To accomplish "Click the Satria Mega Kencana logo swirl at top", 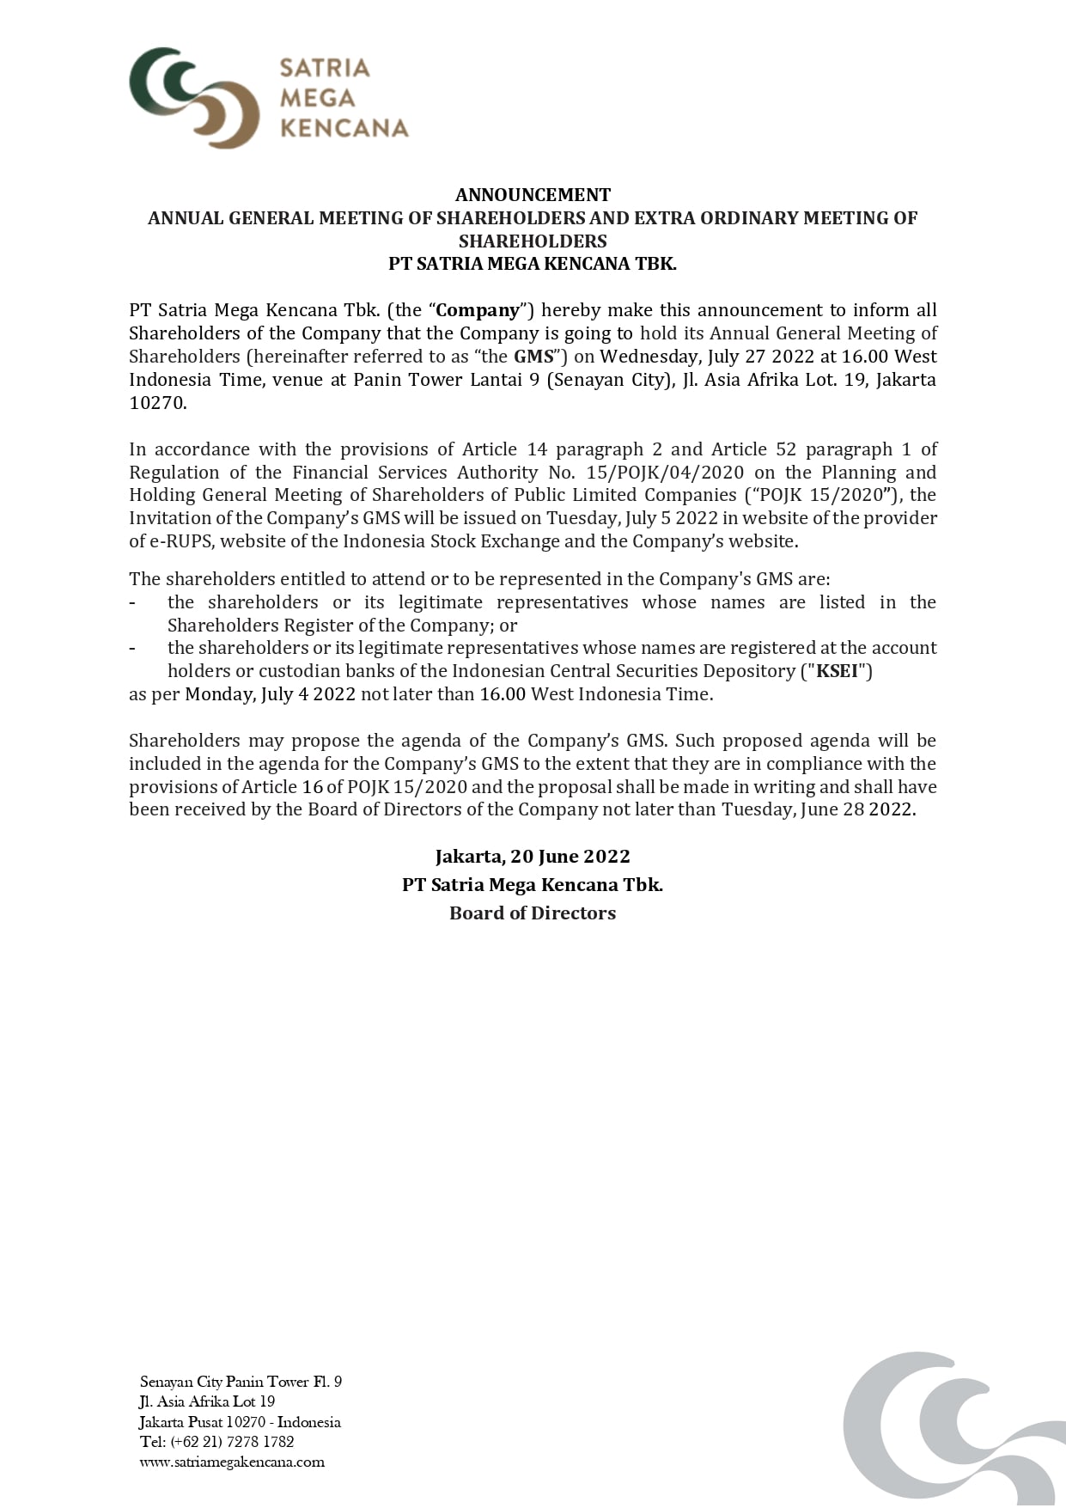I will click(x=194, y=96).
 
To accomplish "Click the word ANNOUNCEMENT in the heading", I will click(x=533, y=195).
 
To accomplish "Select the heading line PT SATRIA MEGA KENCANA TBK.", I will click(x=533, y=264).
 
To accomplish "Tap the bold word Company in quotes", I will click(x=478, y=310).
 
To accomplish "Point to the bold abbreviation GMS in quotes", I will click(x=533, y=357).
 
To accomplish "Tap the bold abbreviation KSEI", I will click(x=838, y=671).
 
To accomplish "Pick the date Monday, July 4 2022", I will click(x=270, y=694).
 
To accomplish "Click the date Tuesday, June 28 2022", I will click(x=816, y=809).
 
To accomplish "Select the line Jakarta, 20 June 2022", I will click(x=533, y=857).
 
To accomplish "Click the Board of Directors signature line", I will click(x=533, y=913).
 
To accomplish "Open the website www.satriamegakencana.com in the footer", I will click(x=232, y=1462).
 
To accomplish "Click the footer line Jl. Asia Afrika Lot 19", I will click(x=207, y=1401).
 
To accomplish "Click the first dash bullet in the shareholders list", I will click(x=132, y=603).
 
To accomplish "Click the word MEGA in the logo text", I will click(x=317, y=98).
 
